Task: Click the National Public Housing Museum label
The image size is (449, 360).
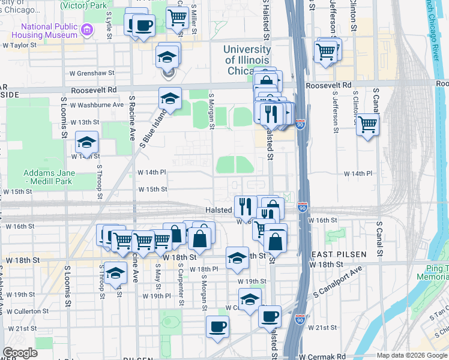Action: click(x=49, y=31)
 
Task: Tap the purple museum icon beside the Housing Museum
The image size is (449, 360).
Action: click(x=88, y=29)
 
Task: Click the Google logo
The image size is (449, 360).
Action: click(x=21, y=353)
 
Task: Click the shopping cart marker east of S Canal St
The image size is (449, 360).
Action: click(x=367, y=124)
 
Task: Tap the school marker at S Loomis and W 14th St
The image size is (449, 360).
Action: click(x=86, y=143)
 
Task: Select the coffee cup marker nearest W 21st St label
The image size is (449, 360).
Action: click(x=270, y=316)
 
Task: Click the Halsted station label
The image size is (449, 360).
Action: click(x=218, y=209)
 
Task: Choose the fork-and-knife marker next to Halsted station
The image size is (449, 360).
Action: click(x=245, y=206)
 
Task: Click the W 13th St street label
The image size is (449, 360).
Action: click(x=85, y=122)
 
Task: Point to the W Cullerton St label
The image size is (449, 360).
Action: click(x=28, y=311)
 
